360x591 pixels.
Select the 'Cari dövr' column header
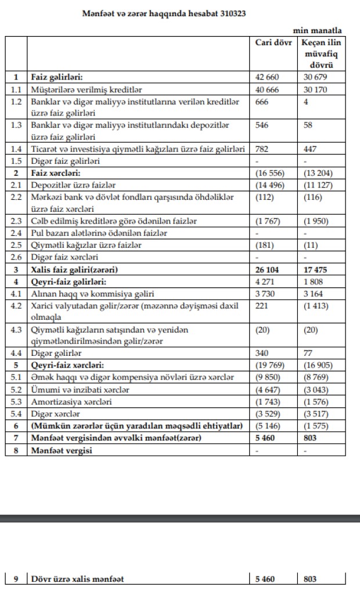pos(273,43)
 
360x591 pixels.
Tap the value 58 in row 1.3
pos(309,125)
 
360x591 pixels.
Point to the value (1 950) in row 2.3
pos(318,222)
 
